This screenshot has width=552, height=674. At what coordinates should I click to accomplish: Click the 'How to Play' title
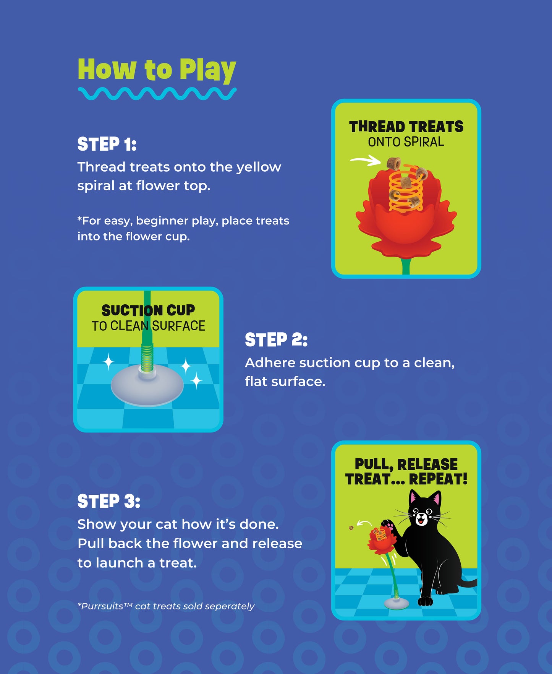tap(157, 70)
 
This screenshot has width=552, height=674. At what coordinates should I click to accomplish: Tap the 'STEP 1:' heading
tap(107, 144)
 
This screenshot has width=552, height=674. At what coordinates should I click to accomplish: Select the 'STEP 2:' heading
tap(276, 340)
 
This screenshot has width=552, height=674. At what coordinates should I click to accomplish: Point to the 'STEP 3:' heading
tap(109, 501)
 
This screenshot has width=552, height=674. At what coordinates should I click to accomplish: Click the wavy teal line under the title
tap(157, 94)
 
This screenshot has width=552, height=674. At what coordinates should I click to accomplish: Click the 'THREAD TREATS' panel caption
tap(406, 127)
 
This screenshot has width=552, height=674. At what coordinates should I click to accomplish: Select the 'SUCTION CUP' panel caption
tap(148, 310)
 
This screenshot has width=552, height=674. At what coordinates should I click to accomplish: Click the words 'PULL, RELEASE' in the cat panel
tap(406, 464)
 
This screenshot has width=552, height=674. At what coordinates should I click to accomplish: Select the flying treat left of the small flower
tap(351, 528)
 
